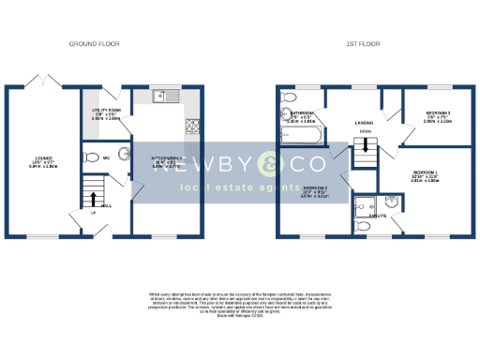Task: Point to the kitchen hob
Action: point(193,124)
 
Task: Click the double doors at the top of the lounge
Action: point(40,82)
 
